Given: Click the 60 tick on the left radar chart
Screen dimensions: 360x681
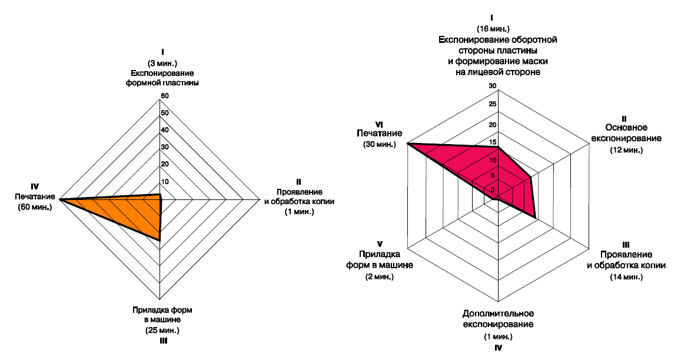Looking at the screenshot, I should click(165, 96).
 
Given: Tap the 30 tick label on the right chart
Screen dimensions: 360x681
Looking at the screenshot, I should click(493, 86).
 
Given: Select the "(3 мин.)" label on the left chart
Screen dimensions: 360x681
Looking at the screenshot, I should click(162, 63).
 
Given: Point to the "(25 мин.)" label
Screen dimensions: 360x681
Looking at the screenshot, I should click(162, 330).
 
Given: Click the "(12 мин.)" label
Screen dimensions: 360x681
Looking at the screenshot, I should click(626, 150).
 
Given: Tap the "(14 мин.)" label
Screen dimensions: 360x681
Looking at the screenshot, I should click(626, 276).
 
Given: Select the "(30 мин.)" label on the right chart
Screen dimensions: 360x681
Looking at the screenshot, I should click(380, 144).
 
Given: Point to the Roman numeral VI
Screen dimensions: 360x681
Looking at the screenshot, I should click(380, 124).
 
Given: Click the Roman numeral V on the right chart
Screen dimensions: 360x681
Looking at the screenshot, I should click(380, 244).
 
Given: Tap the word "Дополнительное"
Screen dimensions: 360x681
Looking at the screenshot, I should click(498, 313).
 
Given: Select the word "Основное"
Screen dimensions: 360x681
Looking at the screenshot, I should click(626, 127).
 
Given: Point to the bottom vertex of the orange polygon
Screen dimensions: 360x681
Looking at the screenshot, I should click(161, 240).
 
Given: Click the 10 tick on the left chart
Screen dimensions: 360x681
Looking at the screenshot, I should click(165, 181).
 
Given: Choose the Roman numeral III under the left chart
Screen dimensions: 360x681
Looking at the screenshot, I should click(162, 340).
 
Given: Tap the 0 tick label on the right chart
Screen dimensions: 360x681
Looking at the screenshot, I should click(493, 189).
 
